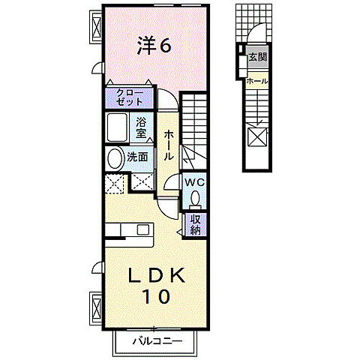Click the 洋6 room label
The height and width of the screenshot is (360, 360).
154,46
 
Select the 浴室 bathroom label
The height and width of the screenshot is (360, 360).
142,128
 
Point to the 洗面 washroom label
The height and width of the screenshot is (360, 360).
137,158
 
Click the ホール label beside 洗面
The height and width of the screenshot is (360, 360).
169,145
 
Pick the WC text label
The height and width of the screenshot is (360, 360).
195,182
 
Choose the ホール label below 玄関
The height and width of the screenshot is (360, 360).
256,81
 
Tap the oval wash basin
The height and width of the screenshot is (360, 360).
115,158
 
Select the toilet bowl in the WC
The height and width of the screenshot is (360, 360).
195,198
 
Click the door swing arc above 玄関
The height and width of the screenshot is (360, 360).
256,33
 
